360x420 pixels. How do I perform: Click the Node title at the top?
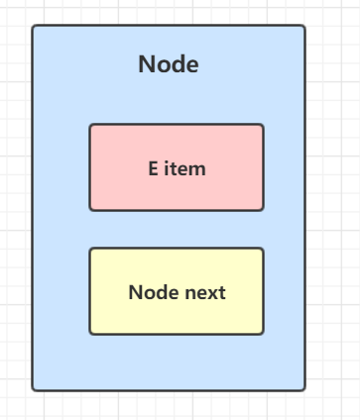pos(169,65)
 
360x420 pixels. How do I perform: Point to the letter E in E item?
pos(153,168)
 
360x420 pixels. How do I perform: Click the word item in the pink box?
pos(184,168)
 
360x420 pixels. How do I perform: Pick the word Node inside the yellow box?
pos(148,293)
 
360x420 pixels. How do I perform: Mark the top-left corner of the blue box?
pos(34,27)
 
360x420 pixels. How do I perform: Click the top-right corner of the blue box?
pos(303,27)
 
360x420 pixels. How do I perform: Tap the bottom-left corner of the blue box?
pos(34,389)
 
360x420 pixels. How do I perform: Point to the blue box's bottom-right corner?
pos(303,389)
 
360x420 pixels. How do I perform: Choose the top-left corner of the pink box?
pos(91,126)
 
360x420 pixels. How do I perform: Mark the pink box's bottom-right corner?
pos(263,209)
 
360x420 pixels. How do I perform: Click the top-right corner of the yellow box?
pos(263,250)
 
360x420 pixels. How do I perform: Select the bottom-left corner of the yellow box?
pos(91,333)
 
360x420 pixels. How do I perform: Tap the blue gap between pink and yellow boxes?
pos(177,229)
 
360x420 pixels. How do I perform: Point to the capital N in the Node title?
pos(146,65)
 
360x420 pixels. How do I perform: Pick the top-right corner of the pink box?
pos(263,126)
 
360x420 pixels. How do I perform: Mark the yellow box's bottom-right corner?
pos(263,333)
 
